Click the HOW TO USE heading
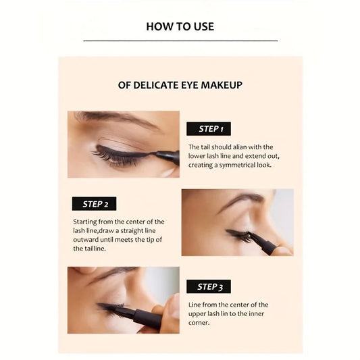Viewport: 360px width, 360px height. (180, 26)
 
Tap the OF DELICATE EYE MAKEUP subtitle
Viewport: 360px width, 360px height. (180, 85)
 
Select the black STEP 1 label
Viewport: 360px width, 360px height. (209, 128)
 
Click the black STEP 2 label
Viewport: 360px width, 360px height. (95, 203)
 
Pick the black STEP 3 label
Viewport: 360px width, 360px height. (209, 286)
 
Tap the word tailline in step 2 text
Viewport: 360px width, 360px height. (88, 249)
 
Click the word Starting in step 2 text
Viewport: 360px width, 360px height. (86, 222)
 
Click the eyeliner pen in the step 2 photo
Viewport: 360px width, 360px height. (265, 244)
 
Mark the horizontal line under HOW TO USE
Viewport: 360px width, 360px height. (180, 41)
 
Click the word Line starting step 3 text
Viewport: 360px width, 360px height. (195, 305)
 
